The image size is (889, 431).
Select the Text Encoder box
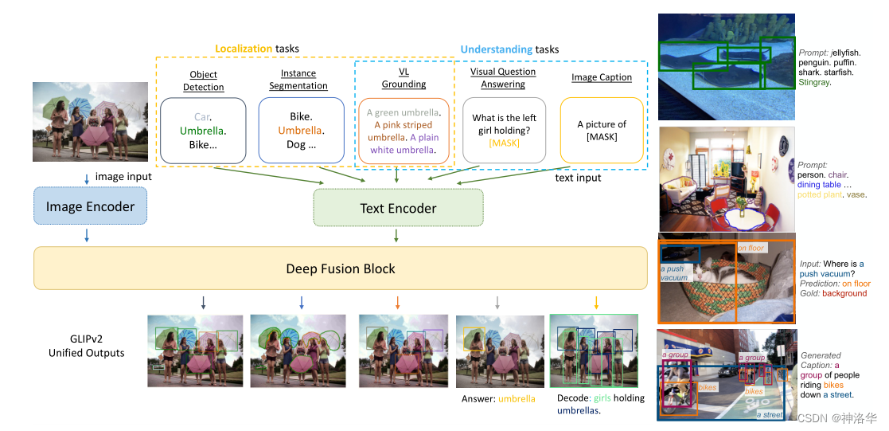pyautogui.click(x=398, y=208)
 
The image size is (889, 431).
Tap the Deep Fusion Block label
pyautogui.click(x=341, y=268)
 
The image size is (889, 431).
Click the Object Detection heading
pyautogui.click(x=204, y=80)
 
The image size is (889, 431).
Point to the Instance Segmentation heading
pyautogui.click(x=298, y=80)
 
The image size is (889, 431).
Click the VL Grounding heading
pyautogui.click(x=404, y=77)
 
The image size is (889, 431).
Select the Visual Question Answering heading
pyautogui.click(x=503, y=77)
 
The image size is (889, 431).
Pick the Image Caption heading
pyautogui.click(x=602, y=77)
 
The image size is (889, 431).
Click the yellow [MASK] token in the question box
pyautogui.click(x=504, y=143)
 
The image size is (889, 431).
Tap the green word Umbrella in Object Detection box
pyautogui.click(x=203, y=131)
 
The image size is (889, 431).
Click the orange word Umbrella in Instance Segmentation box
pyautogui.click(x=299, y=131)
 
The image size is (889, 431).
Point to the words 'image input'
pyautogui.click(x=123, y=176)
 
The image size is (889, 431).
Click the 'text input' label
pyautogui.click(x=578, y=178)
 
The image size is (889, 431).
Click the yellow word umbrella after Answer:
pyautogui.click(x=517, y=399)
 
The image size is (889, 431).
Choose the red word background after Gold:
pyautogui.click(x=844, y=293)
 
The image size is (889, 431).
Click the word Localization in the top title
pyautogui.click(x=244, y=49)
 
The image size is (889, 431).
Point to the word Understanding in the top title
pyautogui.click(x=497, y=49)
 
